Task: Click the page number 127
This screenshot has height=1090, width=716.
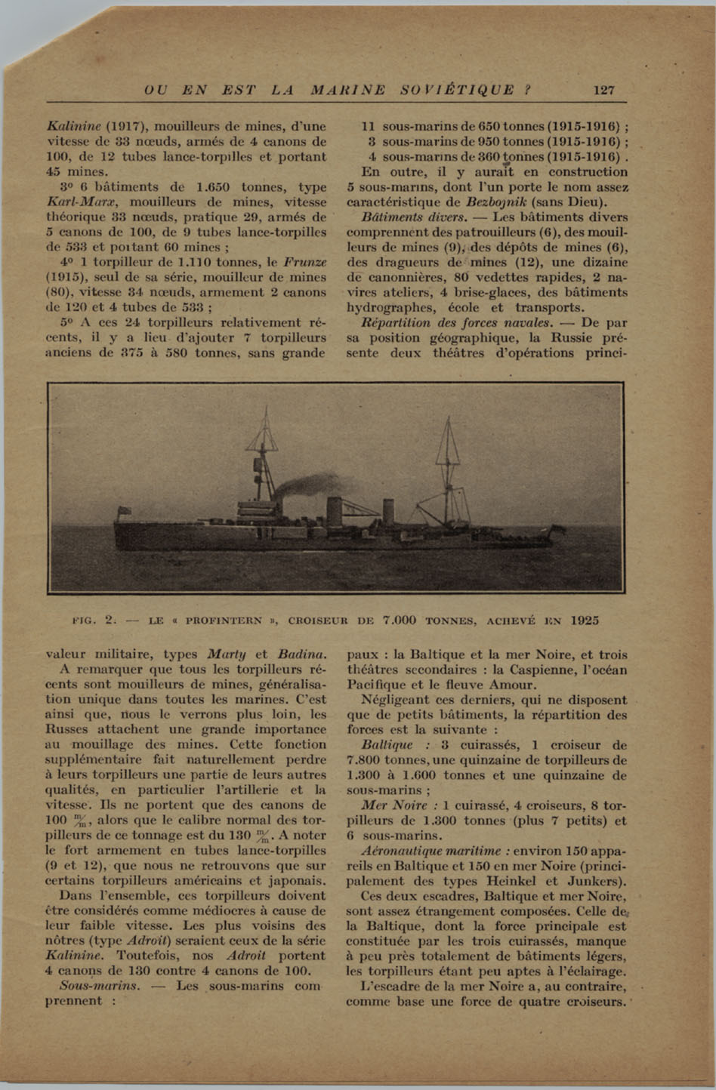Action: (x=604, y=90)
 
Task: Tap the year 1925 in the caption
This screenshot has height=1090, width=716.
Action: (x=585, y=620)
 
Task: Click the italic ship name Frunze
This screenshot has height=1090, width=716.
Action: (x=304, y=262)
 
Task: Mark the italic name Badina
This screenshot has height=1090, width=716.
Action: (x=301, y=654)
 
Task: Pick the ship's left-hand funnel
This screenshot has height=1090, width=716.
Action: (x=335, y=507)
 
